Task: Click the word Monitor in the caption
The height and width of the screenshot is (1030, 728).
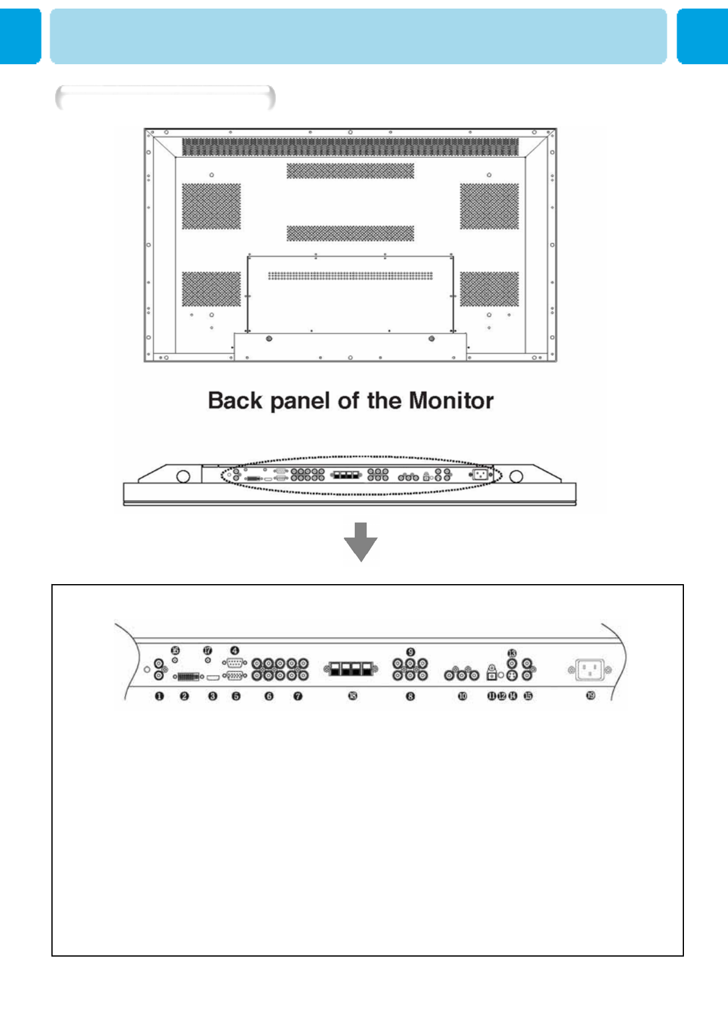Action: (451, 401)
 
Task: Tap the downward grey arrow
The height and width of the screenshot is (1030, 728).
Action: (361, 542)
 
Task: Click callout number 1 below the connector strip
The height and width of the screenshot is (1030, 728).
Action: (159, 696)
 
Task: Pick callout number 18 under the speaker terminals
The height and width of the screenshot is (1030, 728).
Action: (352, 696)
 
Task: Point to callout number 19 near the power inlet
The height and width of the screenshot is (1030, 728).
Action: (590, 695)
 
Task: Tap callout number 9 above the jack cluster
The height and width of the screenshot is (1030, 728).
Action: (410, 652)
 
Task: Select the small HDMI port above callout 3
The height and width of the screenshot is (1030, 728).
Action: (212, 678)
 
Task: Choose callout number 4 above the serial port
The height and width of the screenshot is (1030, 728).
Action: (234, 651)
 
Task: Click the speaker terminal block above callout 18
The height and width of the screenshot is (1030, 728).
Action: (351, 669)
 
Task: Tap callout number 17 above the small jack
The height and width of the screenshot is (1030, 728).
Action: (207, 650)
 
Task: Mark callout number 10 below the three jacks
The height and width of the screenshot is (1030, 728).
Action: (462, 696)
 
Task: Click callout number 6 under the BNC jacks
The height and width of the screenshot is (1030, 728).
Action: (269, 696)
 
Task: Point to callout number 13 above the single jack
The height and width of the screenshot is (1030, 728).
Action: (512, 653)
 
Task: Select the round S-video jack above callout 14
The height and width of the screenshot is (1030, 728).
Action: (512, 675)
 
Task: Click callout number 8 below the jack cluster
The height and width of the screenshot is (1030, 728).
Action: (410, 696)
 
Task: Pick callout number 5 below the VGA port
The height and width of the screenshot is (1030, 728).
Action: (236, 696)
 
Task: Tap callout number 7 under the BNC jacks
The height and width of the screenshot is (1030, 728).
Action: (297, 696)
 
